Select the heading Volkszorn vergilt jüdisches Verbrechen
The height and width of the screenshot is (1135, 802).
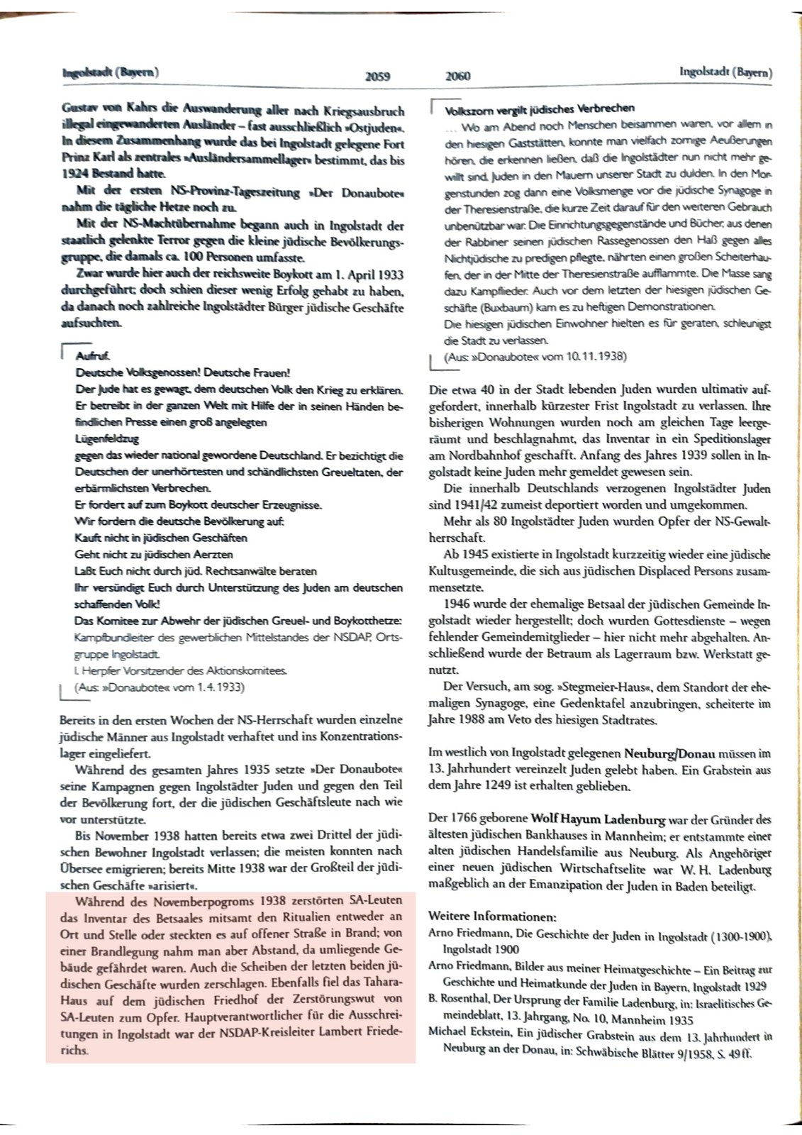540,109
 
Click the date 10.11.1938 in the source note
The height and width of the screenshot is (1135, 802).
598,357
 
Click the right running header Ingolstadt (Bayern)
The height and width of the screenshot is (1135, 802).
725,73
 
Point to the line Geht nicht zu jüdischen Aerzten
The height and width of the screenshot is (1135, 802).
154,554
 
